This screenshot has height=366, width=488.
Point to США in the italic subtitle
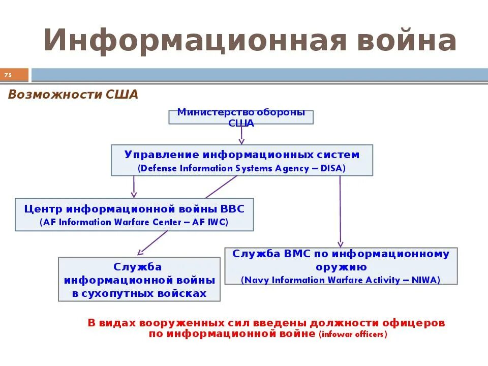click(x=121, y=95)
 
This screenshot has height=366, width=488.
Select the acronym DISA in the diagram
click(x=332, y=168)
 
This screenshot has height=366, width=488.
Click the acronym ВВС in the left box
click(x=233, y=208)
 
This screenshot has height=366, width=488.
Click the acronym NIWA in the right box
click(x=425, y=280)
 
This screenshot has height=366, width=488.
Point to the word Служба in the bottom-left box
click(x=138, y=267)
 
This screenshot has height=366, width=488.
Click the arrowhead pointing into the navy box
click(x=341, y=244)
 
